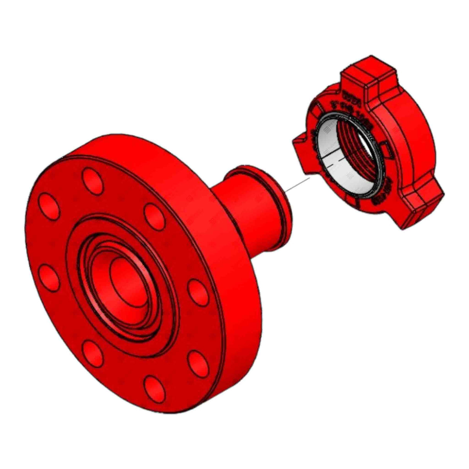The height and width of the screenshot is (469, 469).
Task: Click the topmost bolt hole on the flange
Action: pos(93,180)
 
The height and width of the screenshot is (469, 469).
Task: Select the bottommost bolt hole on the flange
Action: pos(154,387)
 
